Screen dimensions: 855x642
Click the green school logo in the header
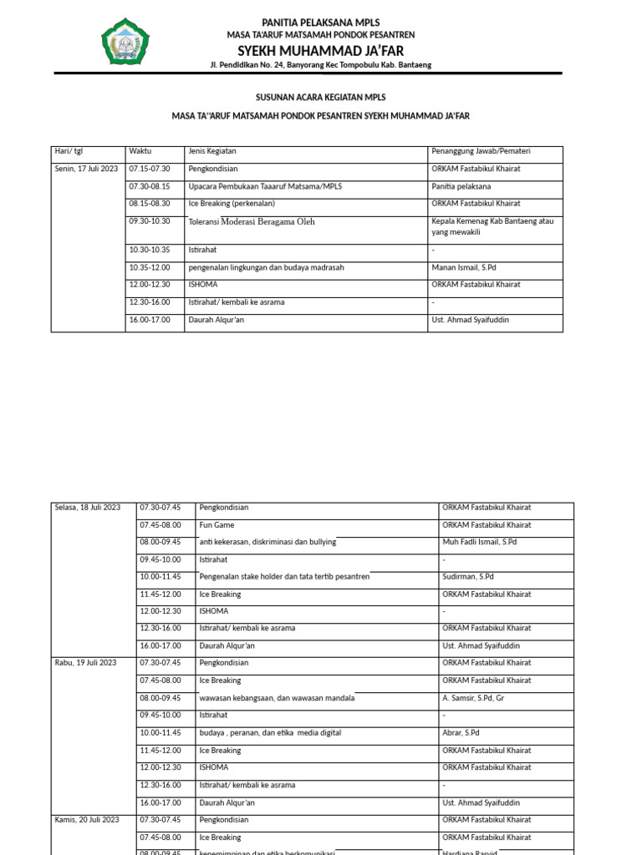click(x=125, y=42)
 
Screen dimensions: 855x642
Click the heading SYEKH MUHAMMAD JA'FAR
click(x=321, y=50)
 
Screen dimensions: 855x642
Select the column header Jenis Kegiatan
click(x=212, y=151)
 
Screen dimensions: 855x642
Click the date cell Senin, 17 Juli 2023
click(x=86, y=169)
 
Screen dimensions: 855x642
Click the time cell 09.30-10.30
click(x=150, y=221)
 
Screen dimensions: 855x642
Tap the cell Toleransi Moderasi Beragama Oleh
click(x=252, y=222)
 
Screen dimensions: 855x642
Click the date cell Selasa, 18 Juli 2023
click(x=88, y=508)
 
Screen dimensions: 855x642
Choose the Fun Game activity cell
click(x=217, y=525)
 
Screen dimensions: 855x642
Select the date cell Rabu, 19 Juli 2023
click(x=86, y=663)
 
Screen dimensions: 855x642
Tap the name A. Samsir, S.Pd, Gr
click(x=473, y=698)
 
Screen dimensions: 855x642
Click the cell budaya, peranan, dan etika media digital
click(x=270, y=733)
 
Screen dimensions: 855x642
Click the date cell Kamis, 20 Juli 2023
click(x=87, y=820)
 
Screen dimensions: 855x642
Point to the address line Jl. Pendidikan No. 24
click(x=321, y=65)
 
